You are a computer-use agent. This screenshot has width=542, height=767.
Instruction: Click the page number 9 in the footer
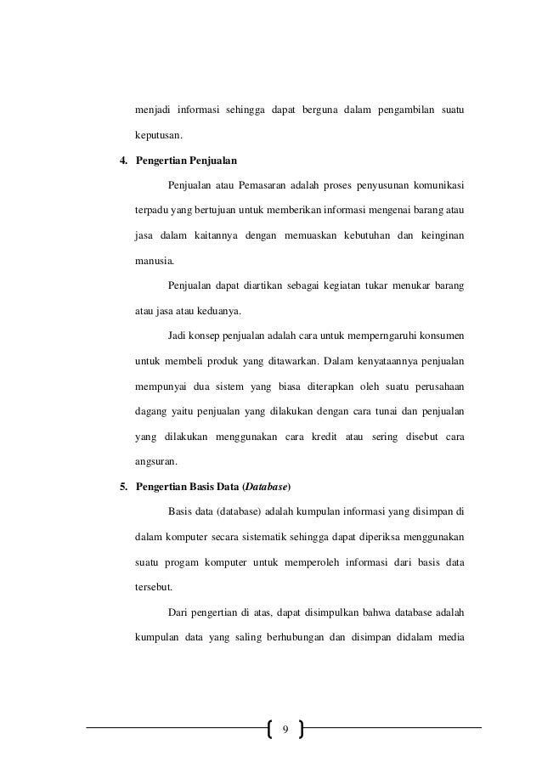(285, 729)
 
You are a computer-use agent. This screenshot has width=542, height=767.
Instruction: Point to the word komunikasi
(433, 184)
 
